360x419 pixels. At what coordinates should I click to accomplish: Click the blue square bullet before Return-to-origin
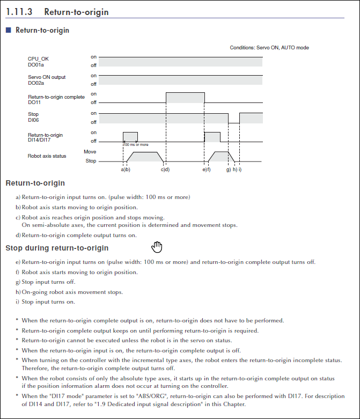[9, 31]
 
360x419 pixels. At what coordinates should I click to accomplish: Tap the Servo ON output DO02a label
[47, 80]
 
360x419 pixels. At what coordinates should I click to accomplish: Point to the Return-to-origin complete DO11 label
[56, 99]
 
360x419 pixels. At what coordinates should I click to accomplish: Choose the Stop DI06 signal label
[33, 117]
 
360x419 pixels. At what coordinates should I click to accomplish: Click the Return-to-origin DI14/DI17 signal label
[45, 137]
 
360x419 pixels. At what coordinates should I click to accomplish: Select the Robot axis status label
[47, 156]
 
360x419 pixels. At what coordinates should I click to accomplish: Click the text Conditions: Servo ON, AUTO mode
[269, 48]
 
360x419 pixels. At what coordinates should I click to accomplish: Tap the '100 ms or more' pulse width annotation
[136, 144]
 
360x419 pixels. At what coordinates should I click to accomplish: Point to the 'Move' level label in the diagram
[90, 152]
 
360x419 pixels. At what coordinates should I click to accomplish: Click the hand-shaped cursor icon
[157, 246]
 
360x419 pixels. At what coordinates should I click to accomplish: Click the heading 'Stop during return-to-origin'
[57, 248]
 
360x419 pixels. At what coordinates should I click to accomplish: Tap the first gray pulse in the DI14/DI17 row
[130, 136]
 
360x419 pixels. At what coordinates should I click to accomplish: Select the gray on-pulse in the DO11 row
[185, 97]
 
